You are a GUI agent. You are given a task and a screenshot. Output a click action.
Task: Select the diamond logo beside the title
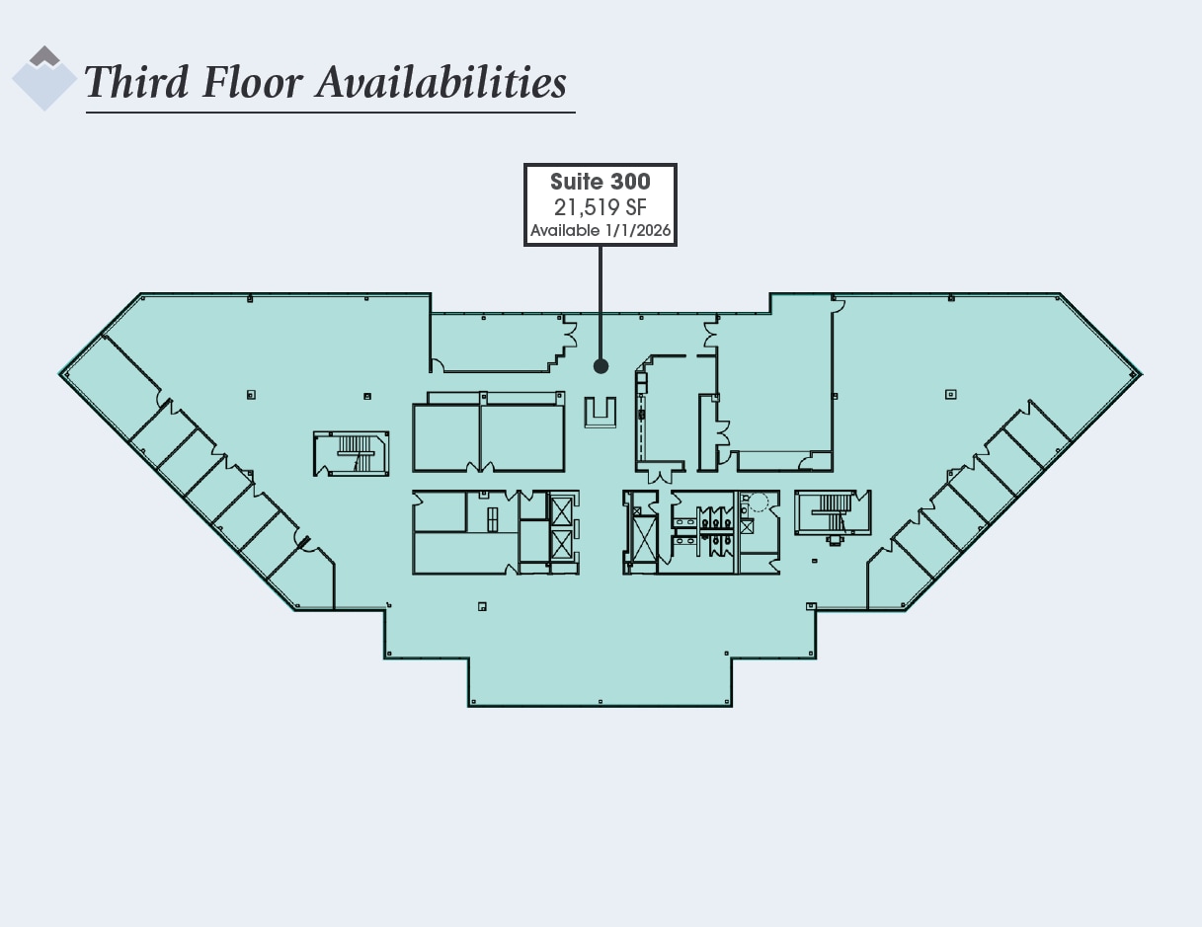tap(44, 78)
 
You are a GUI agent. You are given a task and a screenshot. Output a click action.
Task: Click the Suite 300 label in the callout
tap(600, 182)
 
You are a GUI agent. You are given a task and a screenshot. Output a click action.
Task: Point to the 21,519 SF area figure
tap(600, 206)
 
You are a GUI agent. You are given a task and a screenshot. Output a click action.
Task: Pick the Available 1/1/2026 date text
tap(600, 231)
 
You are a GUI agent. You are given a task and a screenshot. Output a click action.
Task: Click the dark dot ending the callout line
tap(601, 366)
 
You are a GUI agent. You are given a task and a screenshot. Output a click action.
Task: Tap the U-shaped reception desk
tap(600, 413)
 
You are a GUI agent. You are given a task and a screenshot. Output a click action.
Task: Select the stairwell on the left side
tap(352, 453)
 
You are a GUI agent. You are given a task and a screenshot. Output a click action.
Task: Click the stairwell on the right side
tap(833, 512)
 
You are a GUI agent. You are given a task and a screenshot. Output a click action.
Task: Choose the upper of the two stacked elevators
tap(562, 511)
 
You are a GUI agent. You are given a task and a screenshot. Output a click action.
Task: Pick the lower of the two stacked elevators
tap(562, 544)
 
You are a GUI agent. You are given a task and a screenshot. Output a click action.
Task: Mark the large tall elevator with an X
tap(643, 539)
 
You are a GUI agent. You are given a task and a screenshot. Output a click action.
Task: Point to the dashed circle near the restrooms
tap(758, 502)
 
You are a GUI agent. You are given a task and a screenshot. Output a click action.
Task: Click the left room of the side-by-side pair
tap(445, 437)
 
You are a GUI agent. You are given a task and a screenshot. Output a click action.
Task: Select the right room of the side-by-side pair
tap(522, 437)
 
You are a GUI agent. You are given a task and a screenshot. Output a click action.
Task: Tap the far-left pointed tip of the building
tap(62, 373)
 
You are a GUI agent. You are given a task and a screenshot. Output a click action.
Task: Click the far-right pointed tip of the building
tap(1140, 373)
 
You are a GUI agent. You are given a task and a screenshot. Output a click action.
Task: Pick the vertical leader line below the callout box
tap(601, 301)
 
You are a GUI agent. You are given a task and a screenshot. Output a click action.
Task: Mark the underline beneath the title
tap(330, 113)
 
